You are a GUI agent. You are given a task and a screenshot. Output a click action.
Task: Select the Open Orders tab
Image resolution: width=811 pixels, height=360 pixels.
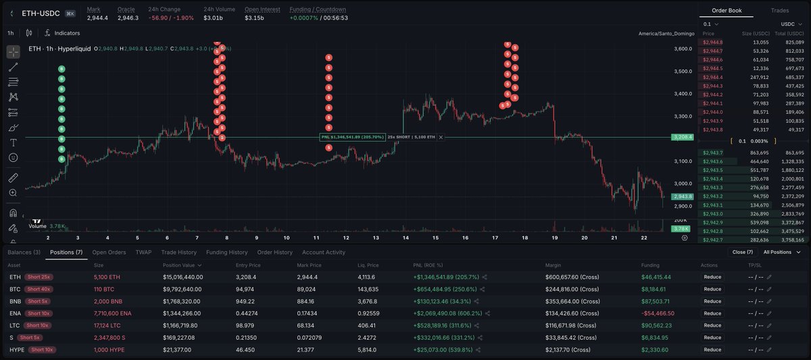point(109,253)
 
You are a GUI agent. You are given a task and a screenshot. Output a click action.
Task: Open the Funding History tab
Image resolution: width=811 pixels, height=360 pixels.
point(226,253)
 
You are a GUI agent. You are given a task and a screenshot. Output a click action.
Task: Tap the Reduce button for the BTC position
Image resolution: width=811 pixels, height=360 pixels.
point(712,288)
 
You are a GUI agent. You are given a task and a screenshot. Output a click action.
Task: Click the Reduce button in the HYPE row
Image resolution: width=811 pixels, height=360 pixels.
point(712,349)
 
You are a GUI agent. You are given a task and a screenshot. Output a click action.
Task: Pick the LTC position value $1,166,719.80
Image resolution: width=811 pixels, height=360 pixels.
point(185,325)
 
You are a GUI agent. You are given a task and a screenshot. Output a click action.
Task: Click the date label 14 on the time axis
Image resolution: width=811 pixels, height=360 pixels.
point(405,238)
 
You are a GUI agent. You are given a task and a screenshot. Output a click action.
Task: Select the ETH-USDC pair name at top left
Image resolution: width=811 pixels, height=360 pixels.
point(41,13)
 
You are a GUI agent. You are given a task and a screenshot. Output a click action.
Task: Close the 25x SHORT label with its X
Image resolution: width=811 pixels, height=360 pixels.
point(441,137)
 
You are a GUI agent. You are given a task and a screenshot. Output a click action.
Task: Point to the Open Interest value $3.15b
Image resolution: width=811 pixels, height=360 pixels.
point(254,18)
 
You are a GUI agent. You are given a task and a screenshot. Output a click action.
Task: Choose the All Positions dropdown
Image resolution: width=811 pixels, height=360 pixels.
point(779,252)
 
